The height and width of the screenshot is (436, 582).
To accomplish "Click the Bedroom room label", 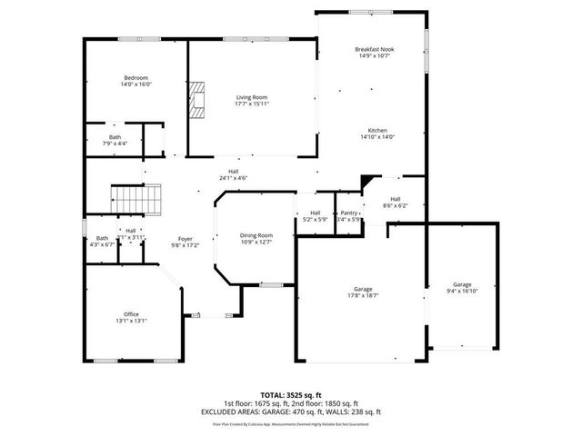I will click(136, 78).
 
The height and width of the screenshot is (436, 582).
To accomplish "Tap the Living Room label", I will click(253, 96).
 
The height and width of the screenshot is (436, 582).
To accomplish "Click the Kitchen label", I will click(377, 129).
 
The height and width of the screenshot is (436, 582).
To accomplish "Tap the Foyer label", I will click(185, 238).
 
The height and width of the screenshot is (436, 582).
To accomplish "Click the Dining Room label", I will click(256, 235).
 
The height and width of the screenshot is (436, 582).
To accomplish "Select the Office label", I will click(132, 313).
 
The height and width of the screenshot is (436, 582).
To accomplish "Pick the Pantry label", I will click(349, 213).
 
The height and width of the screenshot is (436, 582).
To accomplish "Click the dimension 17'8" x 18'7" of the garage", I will click(362, 295).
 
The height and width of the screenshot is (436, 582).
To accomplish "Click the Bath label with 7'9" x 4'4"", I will click(115, 137).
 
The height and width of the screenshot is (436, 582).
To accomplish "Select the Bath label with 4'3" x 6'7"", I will click(102, 238).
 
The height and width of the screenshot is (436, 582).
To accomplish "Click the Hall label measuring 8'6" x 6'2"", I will click(395, 199).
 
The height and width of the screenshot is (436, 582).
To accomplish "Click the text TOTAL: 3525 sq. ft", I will click(291, 396).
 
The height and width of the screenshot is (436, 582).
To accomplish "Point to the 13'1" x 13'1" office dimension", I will click(132, 321).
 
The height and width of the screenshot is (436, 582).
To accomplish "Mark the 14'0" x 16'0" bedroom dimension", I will click(136, 84).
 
